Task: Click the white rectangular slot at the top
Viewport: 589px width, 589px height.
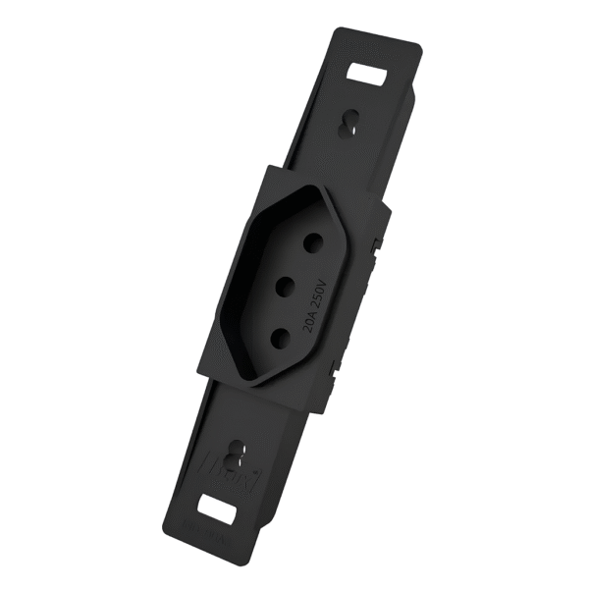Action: (368, 76)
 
